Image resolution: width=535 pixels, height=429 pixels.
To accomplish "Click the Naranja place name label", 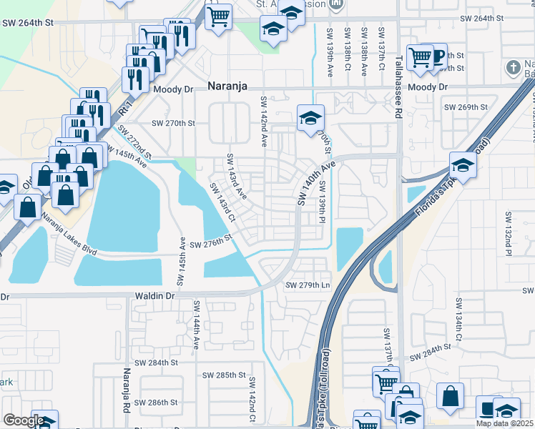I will click(x=227, y=86).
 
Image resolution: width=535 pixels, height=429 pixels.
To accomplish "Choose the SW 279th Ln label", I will click(x=308, y=285).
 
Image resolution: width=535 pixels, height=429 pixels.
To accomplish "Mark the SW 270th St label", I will click(x=173, y=123).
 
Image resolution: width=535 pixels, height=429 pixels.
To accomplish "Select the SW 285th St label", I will click(x=224, y=375).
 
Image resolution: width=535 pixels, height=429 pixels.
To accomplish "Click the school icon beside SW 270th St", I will click(x=310, y=118).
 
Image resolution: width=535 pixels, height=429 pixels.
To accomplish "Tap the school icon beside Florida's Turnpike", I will click(x=463, y=166).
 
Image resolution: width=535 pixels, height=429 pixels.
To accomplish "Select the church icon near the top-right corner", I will click(x=511, y=69).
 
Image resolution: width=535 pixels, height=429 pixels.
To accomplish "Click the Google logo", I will click(x=24, y=420).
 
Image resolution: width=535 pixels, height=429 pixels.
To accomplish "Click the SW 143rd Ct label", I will click(x=222, y=202).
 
